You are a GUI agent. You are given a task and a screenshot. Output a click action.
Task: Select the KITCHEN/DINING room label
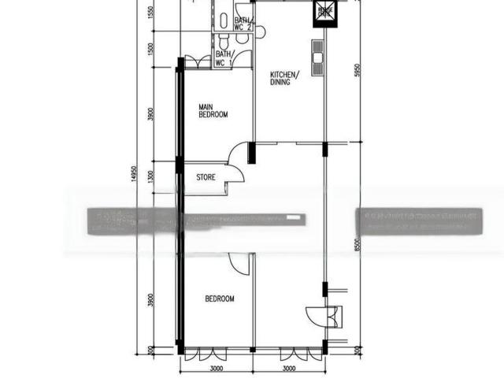(x=283, y=77)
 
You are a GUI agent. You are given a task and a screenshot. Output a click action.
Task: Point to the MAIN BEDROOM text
(x=213, y=111)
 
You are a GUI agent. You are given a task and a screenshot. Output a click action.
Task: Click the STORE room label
(x=206, y=178)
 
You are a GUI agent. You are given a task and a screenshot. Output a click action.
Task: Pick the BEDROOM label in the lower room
(x=220, y=298)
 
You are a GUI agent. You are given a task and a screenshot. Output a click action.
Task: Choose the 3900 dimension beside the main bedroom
(x=151, y=114)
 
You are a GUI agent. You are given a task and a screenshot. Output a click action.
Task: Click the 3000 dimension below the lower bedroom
(x=217, y=368)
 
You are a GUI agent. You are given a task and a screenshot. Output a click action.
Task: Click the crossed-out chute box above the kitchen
(x=324, y=11)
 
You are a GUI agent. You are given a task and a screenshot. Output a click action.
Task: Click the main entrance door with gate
(x=325, y=316)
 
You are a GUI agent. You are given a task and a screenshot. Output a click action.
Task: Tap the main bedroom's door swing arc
(x=239, y=151)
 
